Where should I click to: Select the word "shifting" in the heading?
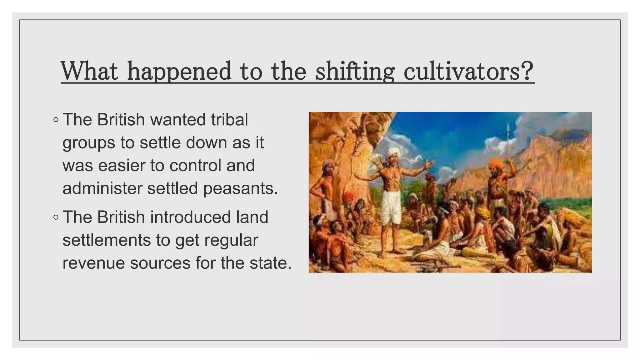(x=355, y=72)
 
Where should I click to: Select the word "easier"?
(x=122, y=165)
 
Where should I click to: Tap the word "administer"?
(x=102, y=188)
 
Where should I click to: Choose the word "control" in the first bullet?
(x=192, y=165)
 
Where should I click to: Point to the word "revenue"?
(x=93, y=263)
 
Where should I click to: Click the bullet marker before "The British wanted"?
(x=56, y=120)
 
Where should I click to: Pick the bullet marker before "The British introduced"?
(x=56, y=217)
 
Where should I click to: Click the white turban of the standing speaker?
(x=392, y=152)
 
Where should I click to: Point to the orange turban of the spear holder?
(x=497, y=163)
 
